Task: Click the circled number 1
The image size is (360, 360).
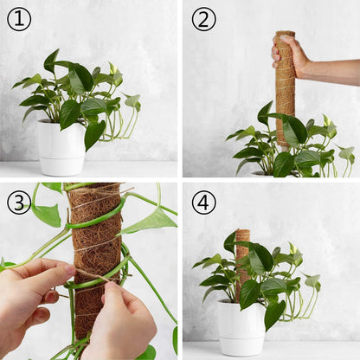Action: pyautogui.click(x=19, y=19)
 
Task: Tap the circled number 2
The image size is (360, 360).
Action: pyautogui.click(x=203, y=19)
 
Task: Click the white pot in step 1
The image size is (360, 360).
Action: pyautogui.click(x=61, y=148)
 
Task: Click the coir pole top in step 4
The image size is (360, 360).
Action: pyautogui.click(x=243, y=231)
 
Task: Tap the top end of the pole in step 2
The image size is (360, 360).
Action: pyautogui.click(x=285, y=33)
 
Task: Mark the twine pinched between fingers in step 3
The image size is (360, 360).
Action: pyautogui.click(x=93, y=275)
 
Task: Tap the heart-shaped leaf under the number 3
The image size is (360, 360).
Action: pyautogui.click(x=46, y=215)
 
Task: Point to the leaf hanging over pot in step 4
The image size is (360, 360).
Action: pyautogui.click(x=274, y=314)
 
